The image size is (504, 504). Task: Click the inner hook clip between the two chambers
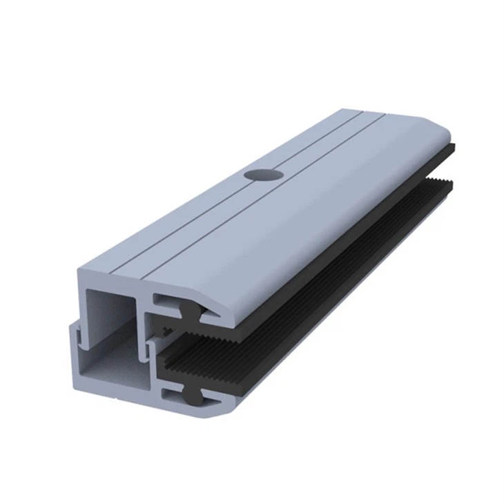pos(148,338)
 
